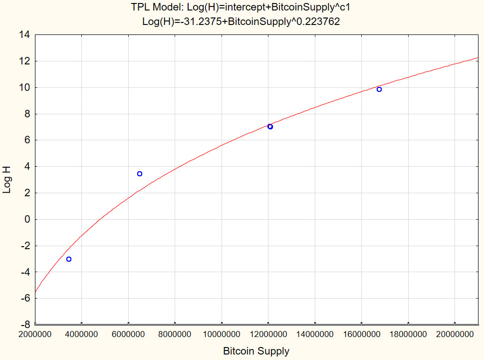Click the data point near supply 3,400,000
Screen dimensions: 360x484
(x=69, y=259)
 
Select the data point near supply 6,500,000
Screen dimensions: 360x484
(x=140, y=174)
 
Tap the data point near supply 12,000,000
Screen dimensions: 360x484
(x=270, y=127)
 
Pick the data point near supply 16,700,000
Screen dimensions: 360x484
(x=379, y=89)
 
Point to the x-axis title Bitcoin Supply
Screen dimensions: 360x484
(x=256, y=352)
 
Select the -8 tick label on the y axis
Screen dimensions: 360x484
(x=25, y=325)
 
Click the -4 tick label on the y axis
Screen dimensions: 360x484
(x=25, y=272)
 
